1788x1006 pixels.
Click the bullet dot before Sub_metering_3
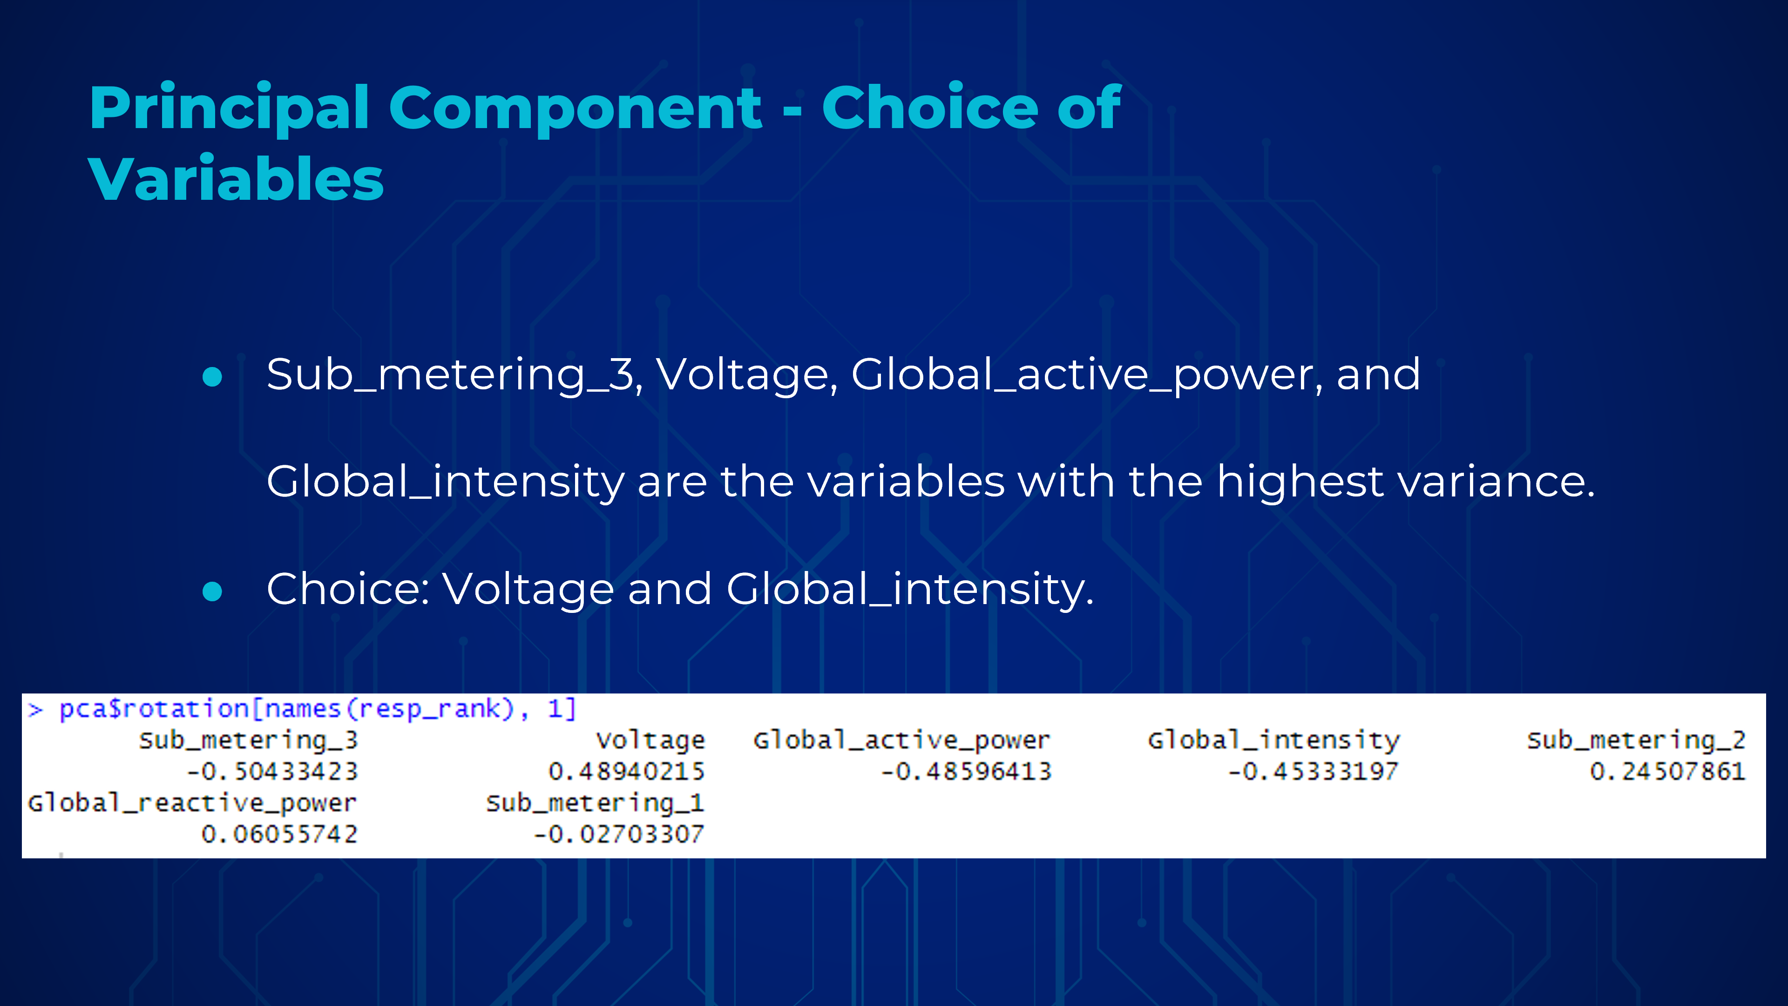[212, 376]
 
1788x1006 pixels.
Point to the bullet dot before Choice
[212, 591]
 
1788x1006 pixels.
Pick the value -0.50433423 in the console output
[272, 771]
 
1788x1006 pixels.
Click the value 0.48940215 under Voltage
[626, 771]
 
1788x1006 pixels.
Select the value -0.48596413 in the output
[966, 771]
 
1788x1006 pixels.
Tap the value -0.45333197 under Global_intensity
[1313, 771]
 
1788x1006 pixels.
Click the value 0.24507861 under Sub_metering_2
[1667, 771]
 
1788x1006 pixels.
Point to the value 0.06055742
[279, 834]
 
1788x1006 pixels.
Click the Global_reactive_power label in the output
[191, 804]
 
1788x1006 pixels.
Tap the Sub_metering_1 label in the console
[595, 804]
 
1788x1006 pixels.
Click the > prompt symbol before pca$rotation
[35, 709]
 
